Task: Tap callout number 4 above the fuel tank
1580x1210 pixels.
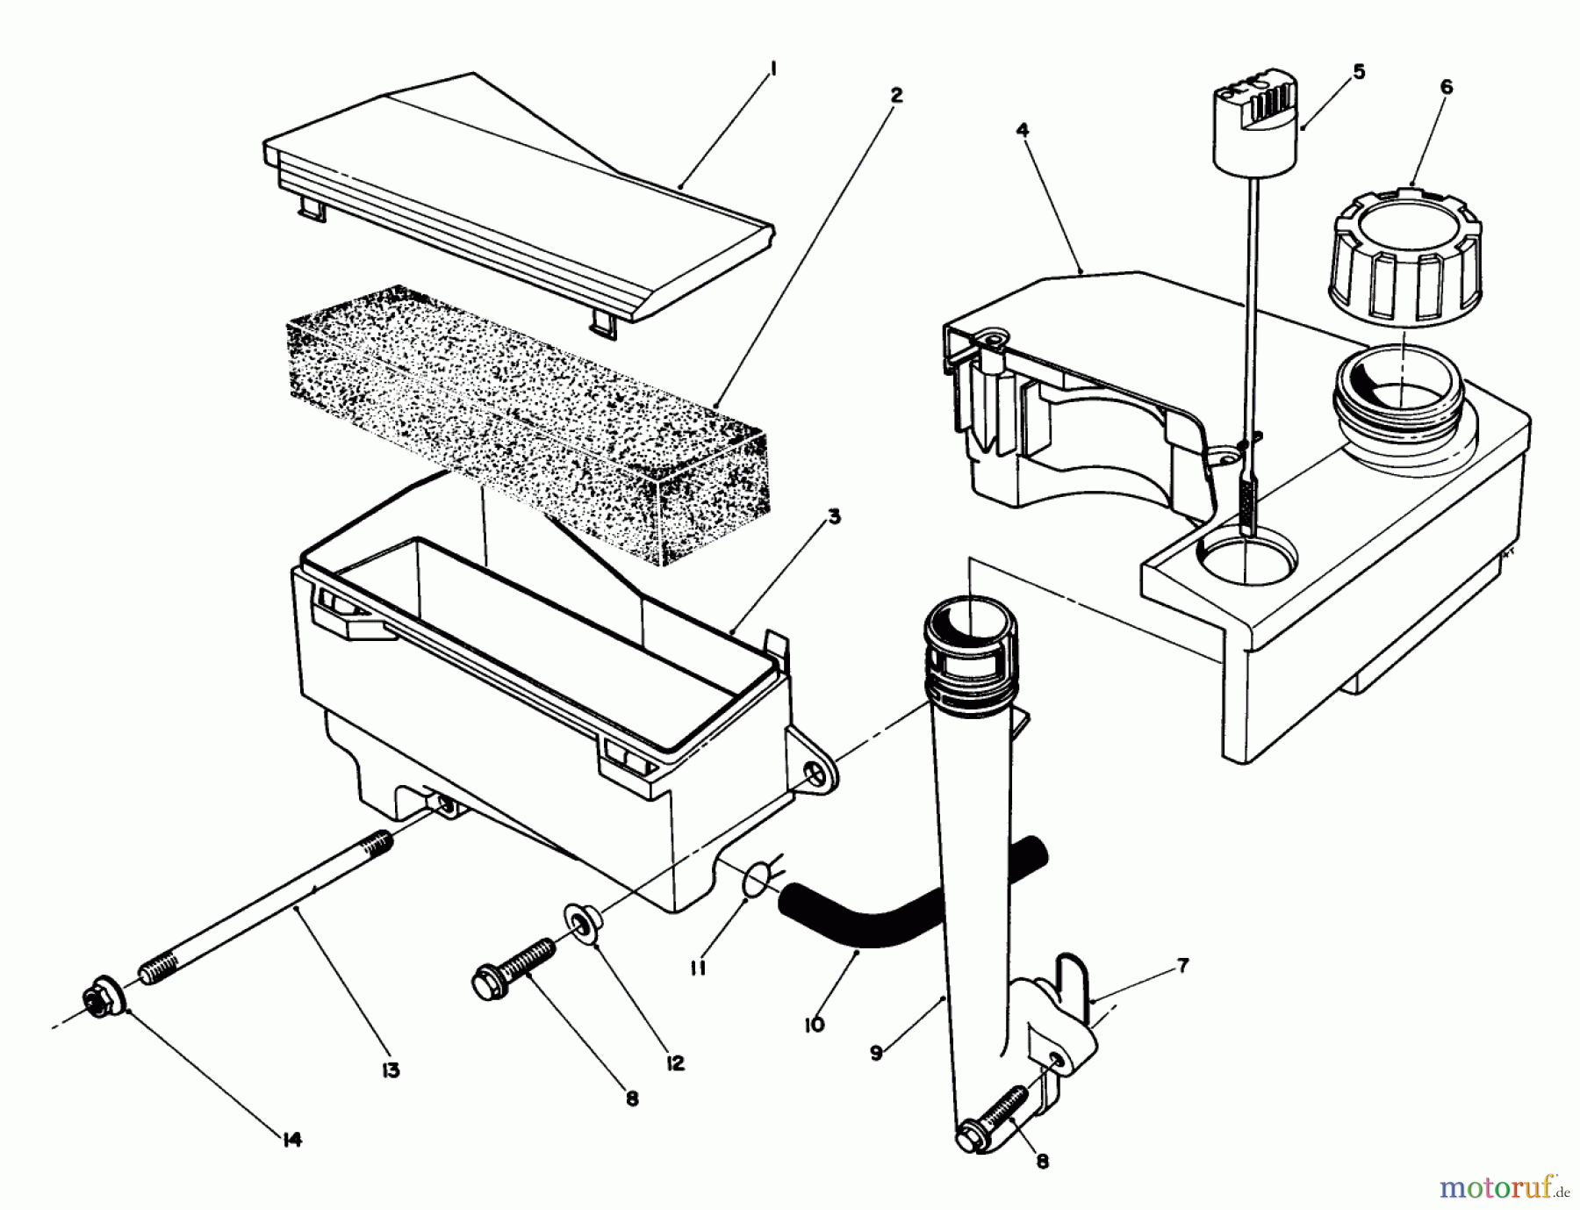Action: [1023, 130]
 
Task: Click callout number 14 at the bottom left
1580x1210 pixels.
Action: [292, 1140]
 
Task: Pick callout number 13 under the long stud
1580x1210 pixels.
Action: [391, 1070]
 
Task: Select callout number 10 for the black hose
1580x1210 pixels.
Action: [814, 1024]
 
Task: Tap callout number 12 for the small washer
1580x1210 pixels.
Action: [674, 1063]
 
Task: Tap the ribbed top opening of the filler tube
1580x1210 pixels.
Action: [970, 645]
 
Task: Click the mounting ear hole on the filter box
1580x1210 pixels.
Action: [815, 771]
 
